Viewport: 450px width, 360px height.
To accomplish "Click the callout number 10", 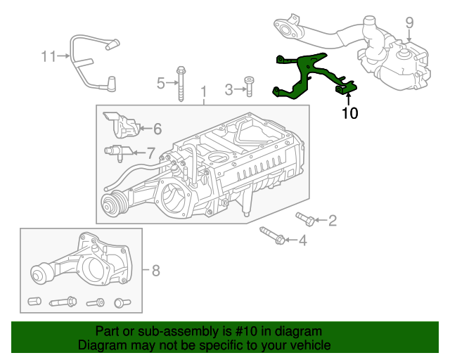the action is [350, 113].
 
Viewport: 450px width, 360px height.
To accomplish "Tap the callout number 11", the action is [49, 56].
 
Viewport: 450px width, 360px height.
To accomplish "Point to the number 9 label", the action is [409, 22].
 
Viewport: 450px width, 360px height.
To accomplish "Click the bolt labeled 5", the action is [181, 84].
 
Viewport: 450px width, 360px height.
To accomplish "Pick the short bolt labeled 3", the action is [249, 86].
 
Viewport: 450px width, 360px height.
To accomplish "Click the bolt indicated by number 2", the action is [305, 219].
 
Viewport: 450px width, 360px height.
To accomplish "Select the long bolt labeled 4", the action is [272, 236].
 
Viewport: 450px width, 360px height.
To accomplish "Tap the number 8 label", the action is [155, 271].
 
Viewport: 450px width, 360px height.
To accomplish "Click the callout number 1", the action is [203, 92].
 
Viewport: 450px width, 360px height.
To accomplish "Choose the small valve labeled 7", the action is [118, 152].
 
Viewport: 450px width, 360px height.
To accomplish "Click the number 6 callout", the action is [157, 129].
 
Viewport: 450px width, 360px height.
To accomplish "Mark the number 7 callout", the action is [151, 153].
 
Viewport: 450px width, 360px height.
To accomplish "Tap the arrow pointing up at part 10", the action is [349, 99].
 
